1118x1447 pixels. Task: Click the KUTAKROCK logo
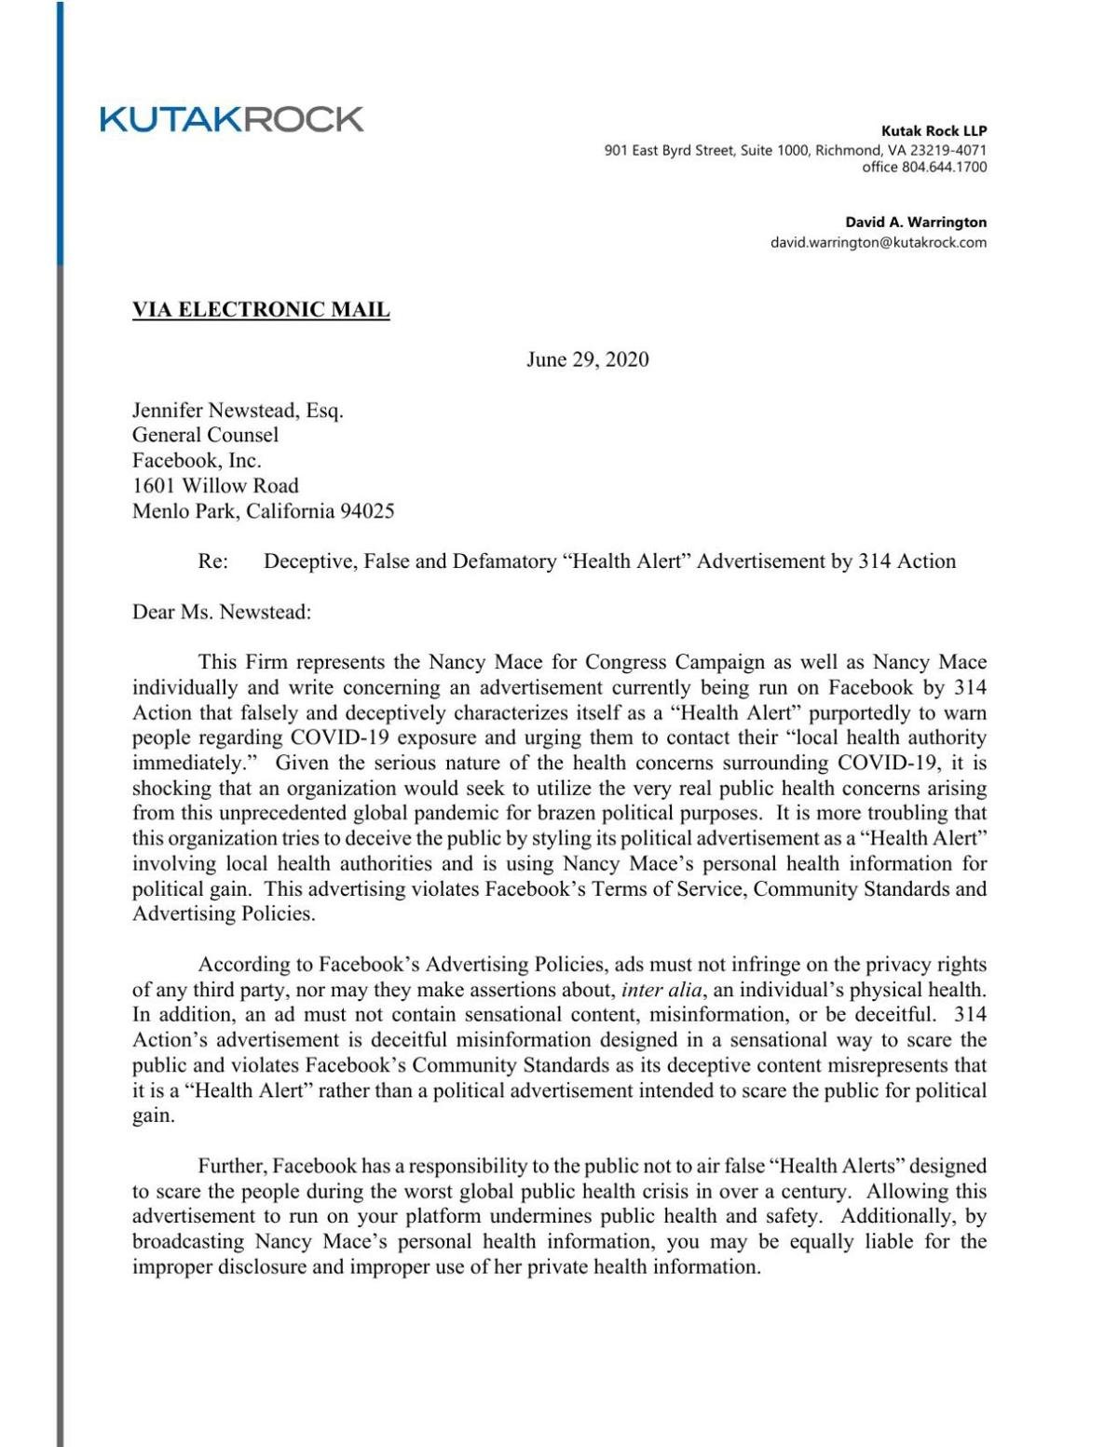point(232,119)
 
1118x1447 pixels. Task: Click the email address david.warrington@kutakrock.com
point(878,243)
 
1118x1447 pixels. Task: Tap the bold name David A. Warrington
point(915,223)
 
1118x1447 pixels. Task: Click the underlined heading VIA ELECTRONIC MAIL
point(261,310)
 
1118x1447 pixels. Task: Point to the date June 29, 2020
point(587,359)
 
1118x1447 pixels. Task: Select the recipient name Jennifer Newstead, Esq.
point(238,410)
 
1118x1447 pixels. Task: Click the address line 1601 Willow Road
point(215,485)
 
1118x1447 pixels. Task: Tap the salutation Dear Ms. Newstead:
point(222,612)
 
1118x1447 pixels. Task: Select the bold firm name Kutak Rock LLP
point(934,131)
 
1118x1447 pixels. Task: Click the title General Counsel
point(205,435)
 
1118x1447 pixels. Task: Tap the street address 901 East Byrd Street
point(671,150)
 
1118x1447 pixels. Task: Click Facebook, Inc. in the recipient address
point(197,460)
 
